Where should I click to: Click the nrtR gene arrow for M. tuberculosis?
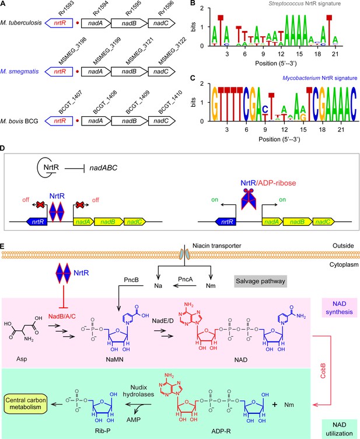click(x=59, y=23)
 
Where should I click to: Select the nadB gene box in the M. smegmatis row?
click(x=129, y=72)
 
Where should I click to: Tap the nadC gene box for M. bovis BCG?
click(x=162, y=121)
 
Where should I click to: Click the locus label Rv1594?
click(x=100, y=9)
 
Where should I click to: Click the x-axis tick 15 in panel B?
click(x=299, y=54)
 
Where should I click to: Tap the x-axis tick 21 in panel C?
click(x=341, y=130)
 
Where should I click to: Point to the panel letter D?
click(x=2, y=148)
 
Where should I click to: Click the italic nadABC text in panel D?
click(x=103, y=168)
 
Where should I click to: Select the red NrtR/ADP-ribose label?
click(x=268, y=183)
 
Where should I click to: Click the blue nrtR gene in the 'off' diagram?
click(x=37, y=222)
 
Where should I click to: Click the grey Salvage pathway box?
click(x=260, y=281)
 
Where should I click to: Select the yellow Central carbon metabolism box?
click(x=26, y=404)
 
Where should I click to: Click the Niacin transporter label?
click(x=217, y=246)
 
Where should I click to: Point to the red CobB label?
click(x=323, y=371)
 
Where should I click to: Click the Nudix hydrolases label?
click(x=138, y=391)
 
